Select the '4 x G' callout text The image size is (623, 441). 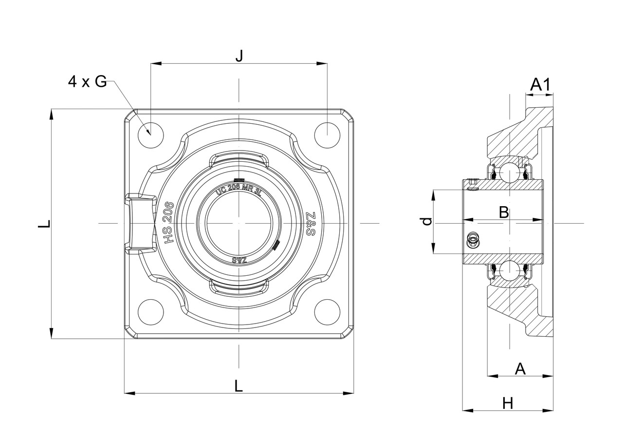pyautogui.click(x=88, y=82)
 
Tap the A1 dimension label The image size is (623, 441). pyautogui.click(x=540, y=85)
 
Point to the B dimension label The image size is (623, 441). pyautogui.click(x=504, y=212)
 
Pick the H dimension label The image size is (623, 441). pyautogui.click(x=508, y=403)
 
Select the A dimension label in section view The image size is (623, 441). pyautogui.click(x=520, y=369)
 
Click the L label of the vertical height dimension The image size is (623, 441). pyautogui.click(x=44, y=224)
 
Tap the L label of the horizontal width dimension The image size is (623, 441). pyautogui.click(x=238, y=386)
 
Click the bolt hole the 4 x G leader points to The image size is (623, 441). pyautogui.click(x=150, y=135)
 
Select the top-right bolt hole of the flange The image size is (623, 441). pyautogui.click(x=327, y=135)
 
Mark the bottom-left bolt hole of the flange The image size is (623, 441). pyautogui.click(x=150, y=311)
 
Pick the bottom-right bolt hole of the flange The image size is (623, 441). pyautogui.click(x=327, y=311)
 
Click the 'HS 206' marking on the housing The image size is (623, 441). pyautogui.click(x=168, y=223)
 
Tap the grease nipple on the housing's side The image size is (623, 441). pyautogui.click(x=140, y=223)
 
